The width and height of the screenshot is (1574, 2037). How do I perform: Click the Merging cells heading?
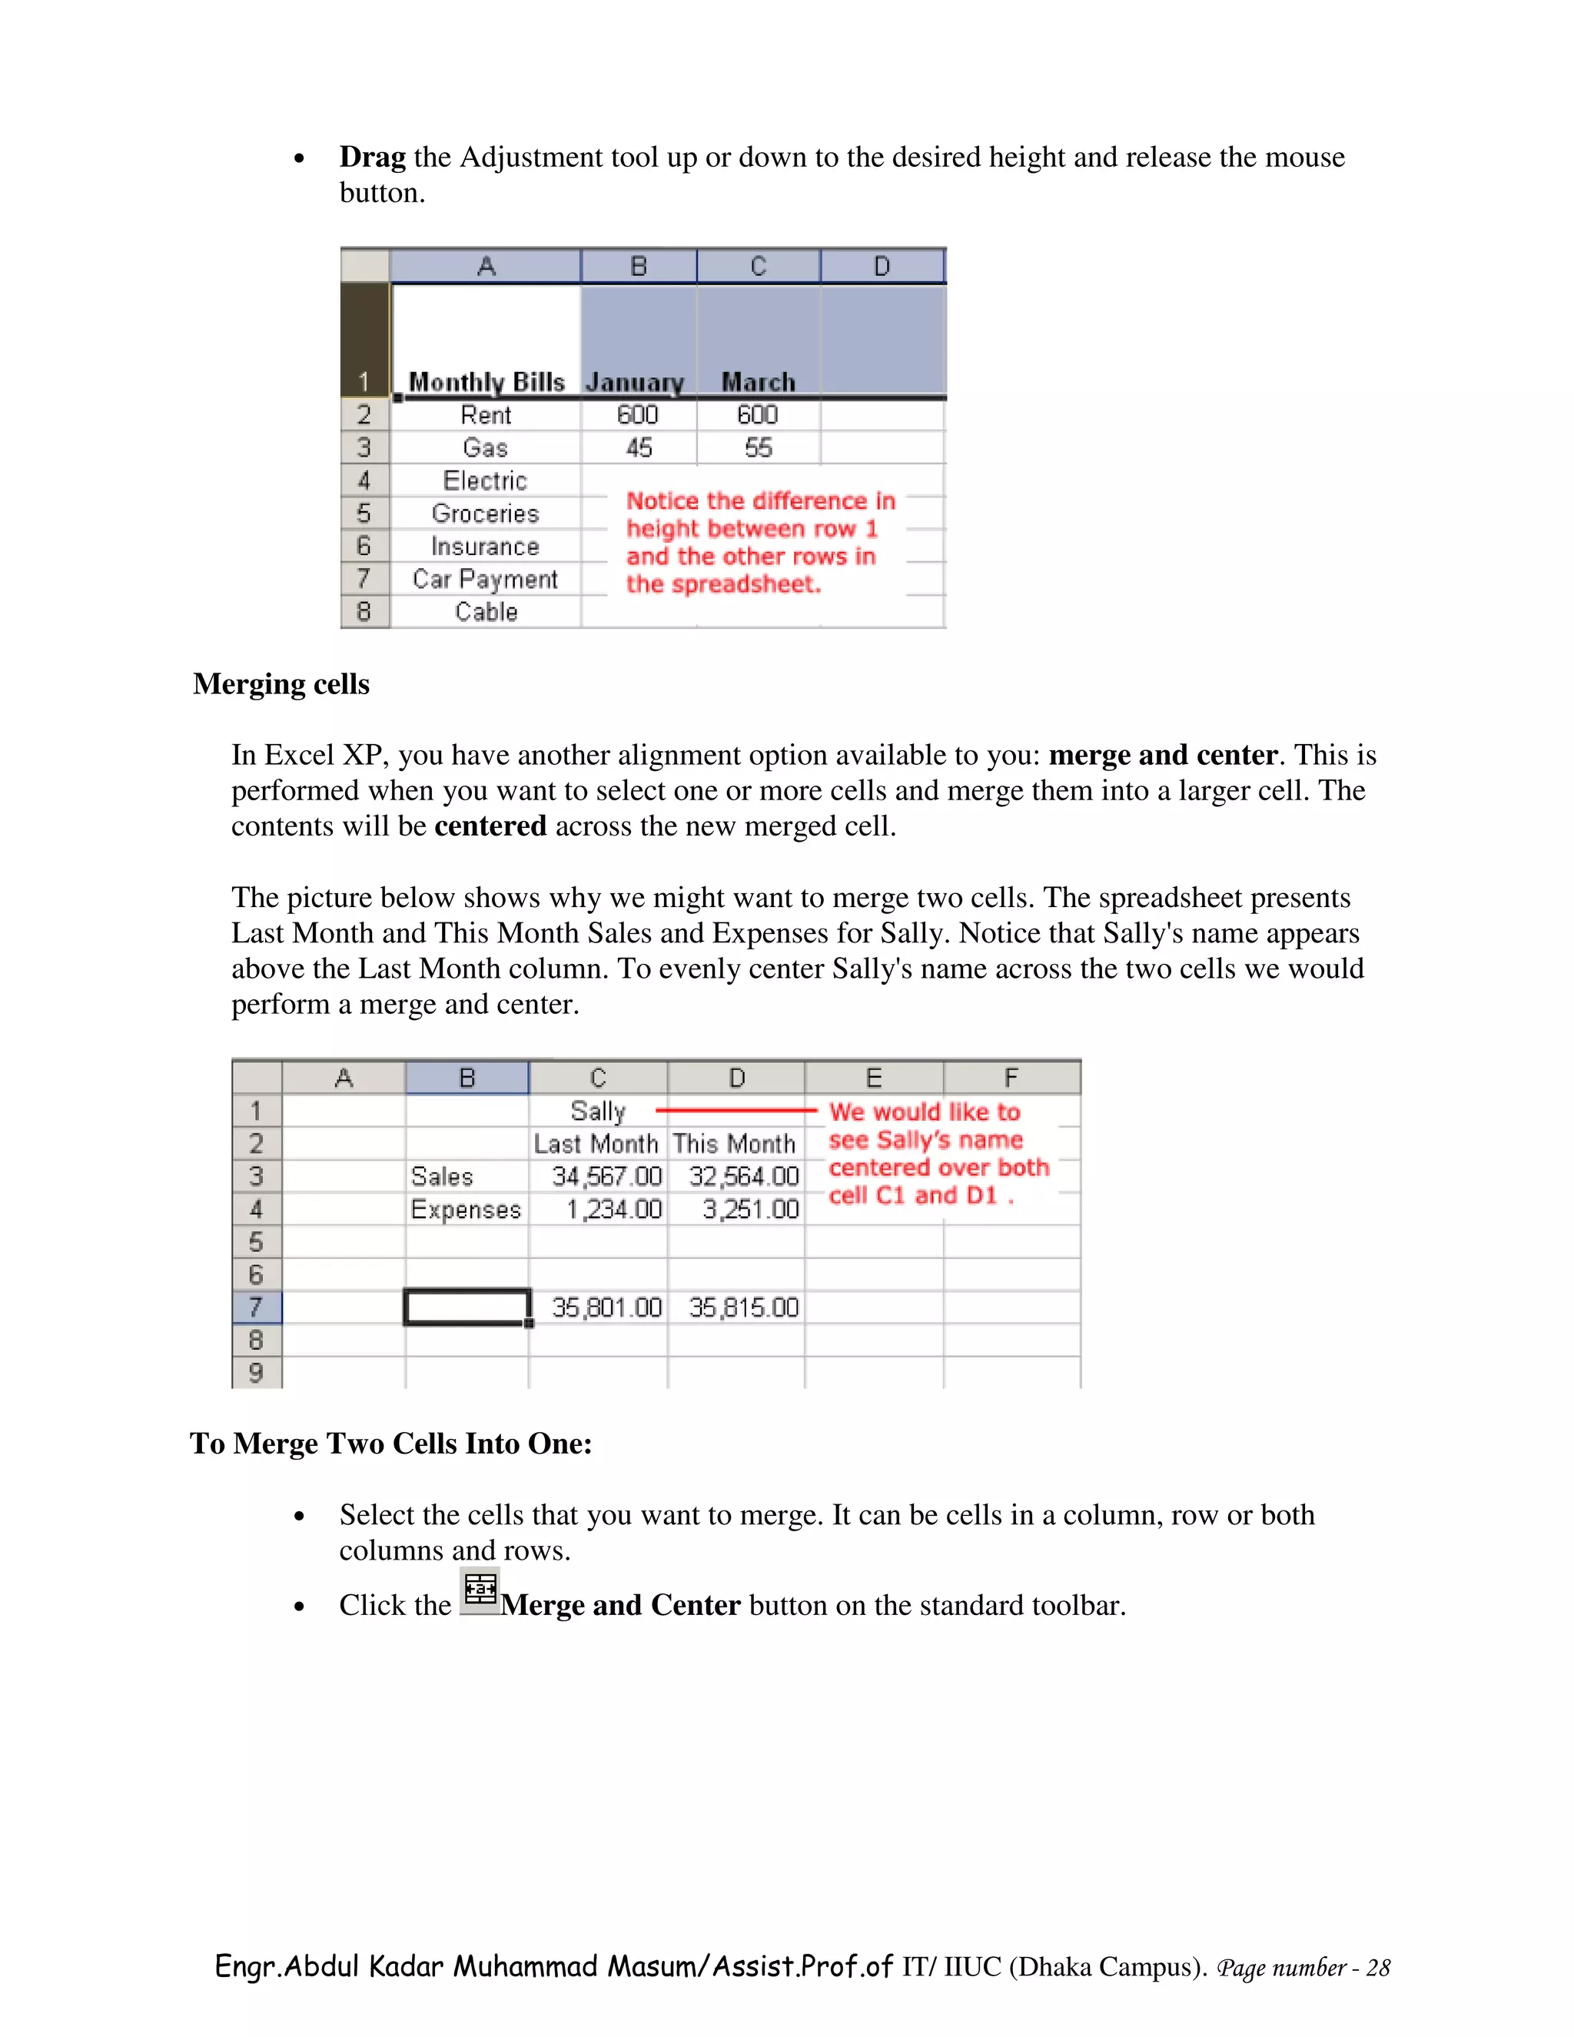point(281,685)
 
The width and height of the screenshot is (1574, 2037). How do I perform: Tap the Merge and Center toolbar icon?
point(480,1590)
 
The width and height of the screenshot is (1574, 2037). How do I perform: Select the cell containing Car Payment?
point(485,580)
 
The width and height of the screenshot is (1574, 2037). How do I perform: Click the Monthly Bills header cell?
point(486,381)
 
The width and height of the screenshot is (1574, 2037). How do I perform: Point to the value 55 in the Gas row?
point(758,447)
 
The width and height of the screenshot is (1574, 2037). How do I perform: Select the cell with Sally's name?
point(598,1112)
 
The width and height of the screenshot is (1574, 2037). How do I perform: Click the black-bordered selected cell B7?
point(467,1307)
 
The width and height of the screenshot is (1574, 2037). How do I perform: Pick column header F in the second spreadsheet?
point(1011,1078)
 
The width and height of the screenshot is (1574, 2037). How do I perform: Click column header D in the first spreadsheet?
point(882,267)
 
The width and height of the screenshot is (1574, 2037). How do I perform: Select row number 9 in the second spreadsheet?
point(257,1373)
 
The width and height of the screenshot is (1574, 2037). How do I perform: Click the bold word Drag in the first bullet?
point(372,158)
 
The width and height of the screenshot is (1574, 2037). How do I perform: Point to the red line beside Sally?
point(736,1111)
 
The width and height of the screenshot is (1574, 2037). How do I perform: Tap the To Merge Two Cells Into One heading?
point(390,1444)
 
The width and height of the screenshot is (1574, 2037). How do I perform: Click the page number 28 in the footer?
point(1377,1968)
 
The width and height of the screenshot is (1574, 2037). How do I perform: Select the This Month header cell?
point(734,1145)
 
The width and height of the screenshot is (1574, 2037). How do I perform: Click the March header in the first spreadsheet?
point(758,382)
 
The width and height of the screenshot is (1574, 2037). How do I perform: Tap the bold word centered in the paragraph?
point(490,826)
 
